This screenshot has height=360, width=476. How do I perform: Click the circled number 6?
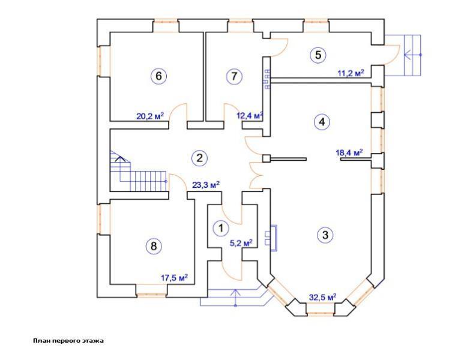click(x=159, y=76)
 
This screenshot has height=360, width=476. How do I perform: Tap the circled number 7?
click(x=234, y=76)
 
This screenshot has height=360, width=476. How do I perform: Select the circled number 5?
click(x=318, y=55)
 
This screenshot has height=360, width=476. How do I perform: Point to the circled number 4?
click(x=322, y=122)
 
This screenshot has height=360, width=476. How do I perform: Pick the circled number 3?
click(x=325, y=235)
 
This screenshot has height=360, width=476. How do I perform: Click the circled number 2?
click(x=199, y=158)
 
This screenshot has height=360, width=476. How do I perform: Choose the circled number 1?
click(x=221, y=228)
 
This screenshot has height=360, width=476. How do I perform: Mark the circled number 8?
click(x=154, y=246)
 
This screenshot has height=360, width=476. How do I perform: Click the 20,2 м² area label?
click(x=150, y=116)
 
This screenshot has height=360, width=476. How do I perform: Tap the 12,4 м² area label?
click(x=250, y=115)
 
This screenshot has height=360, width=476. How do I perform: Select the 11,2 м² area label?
click(x=351, y=73)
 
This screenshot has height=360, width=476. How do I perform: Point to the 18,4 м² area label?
click(x=349, y=152)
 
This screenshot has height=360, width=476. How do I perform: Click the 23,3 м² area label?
click(x=206, y=185)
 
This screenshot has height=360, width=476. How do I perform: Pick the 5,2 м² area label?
click(x=242, y=243)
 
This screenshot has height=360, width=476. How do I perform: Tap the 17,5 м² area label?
click(x=174, y=278)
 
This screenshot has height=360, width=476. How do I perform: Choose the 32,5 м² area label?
click(x=323, y=296)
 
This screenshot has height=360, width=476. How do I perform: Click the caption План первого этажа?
click(x=68, y=341)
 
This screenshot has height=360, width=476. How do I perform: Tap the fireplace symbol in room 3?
click(x=271, y=238)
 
